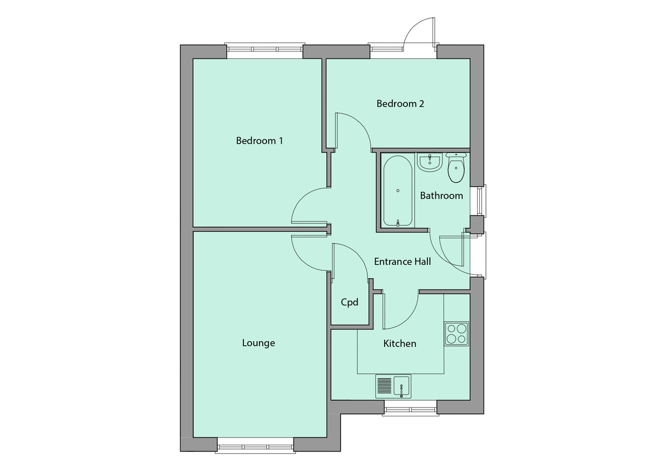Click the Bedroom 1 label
pyautogui.click(x=259, y=141)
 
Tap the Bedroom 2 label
pyautogui.click(x=400, y=104)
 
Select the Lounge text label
pyautogui.click(x=258, y=343)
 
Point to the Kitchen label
pyautogui.click(x=400, y=343)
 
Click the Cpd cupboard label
pyautogui.click(x=350, y=302)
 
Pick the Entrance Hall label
pyautogui.click(x=402, y=261)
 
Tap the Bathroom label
pyautogui.click(x=441, y=195)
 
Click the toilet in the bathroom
pyautogui.click(x=456, y=168)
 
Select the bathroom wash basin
pyautogui.click(x=429, y=162)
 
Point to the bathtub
pyautogui.click(x=398, y=191)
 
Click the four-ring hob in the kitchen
pyautogui.click(x=456, y=333)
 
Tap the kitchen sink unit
pyautogui.click(x=394, y=386)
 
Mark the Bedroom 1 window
pyautogui.click(x=265, y=50)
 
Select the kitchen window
pyautogui.click(x=410, y=410)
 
